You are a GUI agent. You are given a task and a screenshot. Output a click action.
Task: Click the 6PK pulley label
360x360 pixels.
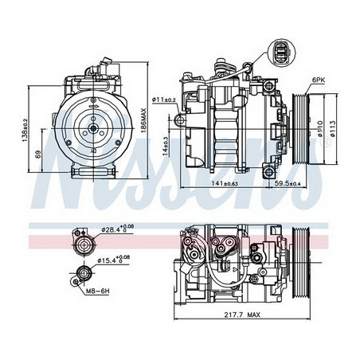pyautogui.click(x=318, y=80)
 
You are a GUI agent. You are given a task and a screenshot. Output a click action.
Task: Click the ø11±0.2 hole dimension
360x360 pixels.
pyautogui.click(x=165, y=98)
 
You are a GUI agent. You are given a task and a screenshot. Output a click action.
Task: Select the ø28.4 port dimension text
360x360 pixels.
pyautogui.click(x=116, y=231)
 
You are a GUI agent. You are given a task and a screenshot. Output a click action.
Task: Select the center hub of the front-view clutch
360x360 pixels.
pyautogui.click(x=95, y=127)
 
